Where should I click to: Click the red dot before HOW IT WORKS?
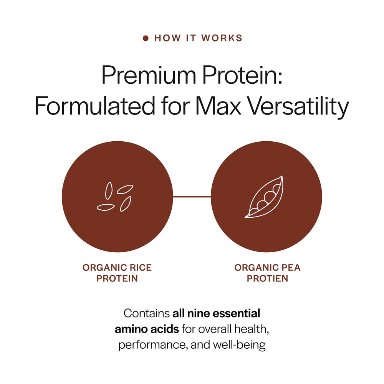coord(146,38)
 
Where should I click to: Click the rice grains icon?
coord(115,197)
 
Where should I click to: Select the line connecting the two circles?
coord(192,197)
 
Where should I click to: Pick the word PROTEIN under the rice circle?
coord(117,278)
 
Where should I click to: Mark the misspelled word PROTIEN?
coord(267,278)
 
